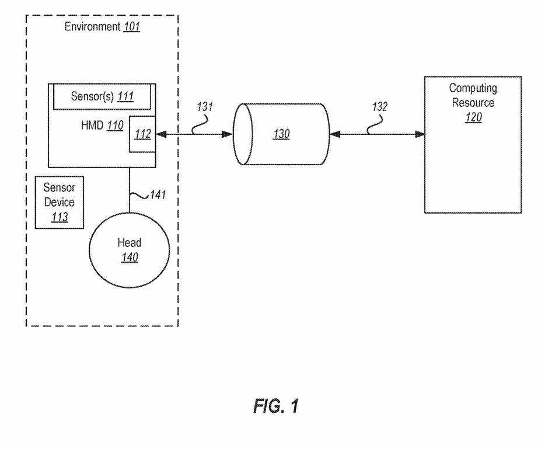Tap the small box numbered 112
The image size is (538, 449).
point(142,134)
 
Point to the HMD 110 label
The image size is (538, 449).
point(99,125)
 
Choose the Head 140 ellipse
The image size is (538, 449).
point(130,250)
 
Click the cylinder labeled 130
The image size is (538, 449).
point(281,134)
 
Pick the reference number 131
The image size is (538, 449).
point(205,108)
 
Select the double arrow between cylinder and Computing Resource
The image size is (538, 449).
point(377,134)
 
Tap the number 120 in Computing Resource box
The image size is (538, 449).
point(473,116)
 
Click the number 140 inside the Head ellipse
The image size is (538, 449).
point(130,257)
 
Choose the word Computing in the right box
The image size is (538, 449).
point(473,88)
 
